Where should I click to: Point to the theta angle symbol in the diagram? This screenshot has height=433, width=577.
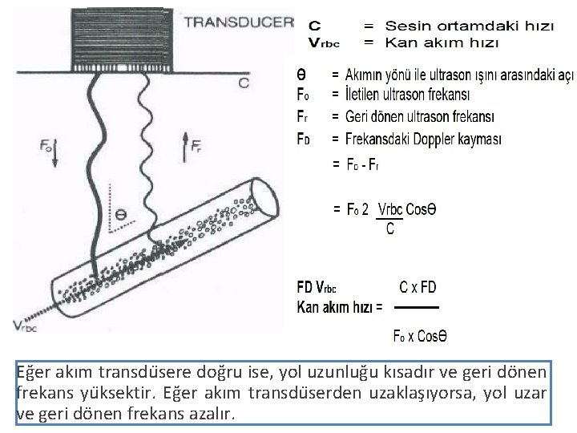pos(120,215)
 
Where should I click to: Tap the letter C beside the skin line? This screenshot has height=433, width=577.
pos(244,81)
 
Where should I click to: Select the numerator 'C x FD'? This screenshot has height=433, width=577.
pos(418,287)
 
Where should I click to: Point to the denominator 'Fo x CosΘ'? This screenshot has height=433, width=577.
pos(420,336)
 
